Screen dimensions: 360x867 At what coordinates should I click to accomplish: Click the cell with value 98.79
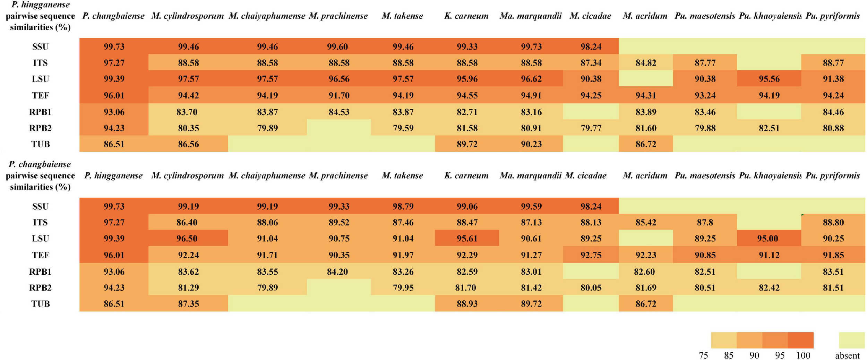[x=402, y=206]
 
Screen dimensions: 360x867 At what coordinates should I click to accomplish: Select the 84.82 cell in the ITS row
[x=645, y=63]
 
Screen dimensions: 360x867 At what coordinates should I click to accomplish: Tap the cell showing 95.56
[x=769, y=79]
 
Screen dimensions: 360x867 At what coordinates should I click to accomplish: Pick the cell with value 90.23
[x=531, y=144]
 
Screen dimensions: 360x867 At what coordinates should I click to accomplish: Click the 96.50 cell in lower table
[x=188, y=238]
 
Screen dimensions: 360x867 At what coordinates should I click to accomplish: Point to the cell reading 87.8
[x=705, y=222]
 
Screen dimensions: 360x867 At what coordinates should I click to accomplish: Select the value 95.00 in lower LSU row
[x=769, y=238]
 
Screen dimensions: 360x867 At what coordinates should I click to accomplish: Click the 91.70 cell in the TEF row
[x=338, y=95]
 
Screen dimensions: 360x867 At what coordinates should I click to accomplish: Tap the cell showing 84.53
[x=338, y=112]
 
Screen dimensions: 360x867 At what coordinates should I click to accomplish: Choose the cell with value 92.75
[x=591, y=255]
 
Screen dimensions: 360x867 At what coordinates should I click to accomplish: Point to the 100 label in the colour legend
[x=803, y=355]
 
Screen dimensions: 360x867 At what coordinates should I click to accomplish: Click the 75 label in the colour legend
[x=703, y=355]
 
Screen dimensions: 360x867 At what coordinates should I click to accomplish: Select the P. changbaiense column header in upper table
[x=113, y=16]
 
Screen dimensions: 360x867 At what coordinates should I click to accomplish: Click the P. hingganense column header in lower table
[x=113, y=175]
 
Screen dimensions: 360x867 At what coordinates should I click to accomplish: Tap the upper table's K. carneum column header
[x=466, y=16]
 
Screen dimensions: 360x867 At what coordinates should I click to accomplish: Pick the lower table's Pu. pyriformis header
[x=833, y=175]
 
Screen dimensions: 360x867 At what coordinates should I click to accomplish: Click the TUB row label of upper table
[x=40, y=144]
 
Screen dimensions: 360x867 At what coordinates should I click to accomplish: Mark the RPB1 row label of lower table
[x=40, y=272]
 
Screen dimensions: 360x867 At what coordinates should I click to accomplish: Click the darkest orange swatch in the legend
[x=800, y=340]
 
